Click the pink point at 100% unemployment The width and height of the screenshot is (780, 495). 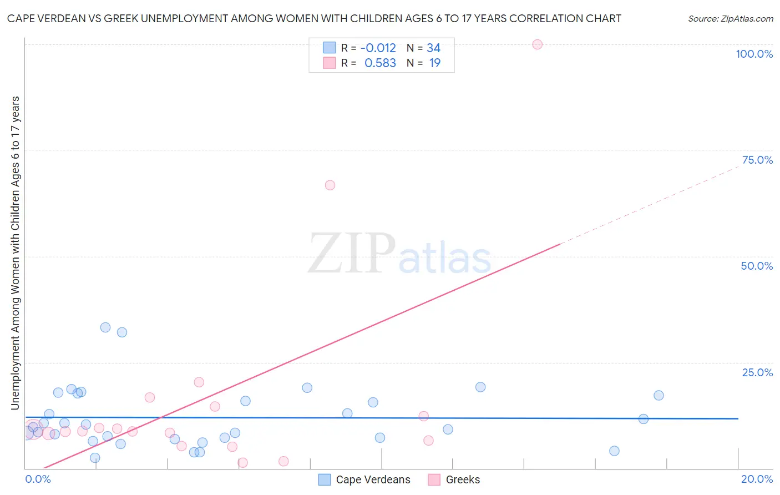point(537,44)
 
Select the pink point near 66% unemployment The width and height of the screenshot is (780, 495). point(330,185)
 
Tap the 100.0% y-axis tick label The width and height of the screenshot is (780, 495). point(754,54)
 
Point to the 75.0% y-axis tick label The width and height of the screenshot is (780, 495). point(757,160)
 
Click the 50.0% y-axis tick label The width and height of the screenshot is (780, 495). point(757,266)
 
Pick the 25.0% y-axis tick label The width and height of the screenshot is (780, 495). point(757,372)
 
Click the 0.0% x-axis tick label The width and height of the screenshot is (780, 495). point(38,479)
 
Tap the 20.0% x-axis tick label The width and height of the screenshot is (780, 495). point(757,479)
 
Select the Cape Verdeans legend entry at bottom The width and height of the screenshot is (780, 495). point(373,479)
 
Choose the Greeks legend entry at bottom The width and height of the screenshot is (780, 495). point(463,479)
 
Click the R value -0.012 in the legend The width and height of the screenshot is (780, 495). point(378,48)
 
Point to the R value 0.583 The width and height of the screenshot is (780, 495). point(380,63)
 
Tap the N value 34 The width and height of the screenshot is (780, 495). point(433,48)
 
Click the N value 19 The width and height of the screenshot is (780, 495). point(434,63)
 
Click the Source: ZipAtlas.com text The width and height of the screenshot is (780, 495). point(730,19)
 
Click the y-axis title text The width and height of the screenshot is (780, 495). point(15,253)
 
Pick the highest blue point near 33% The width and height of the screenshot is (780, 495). point(105,327)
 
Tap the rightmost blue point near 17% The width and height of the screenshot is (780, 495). point(659,396)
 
